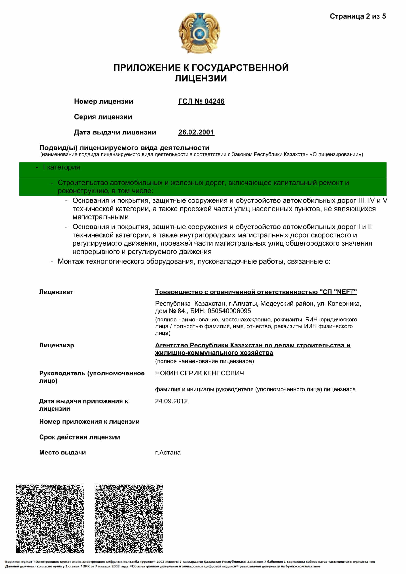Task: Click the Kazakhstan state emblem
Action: click(199, 33)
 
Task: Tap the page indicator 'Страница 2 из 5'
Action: click(357, 16)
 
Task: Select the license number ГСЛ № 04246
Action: click(201, 101)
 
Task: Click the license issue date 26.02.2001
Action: click(196, 132)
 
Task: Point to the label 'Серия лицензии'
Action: click(103, 117)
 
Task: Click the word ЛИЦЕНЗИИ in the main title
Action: click(201, 79)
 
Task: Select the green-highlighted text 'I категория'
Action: click(61, 167)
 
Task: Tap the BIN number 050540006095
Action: click(229, 311)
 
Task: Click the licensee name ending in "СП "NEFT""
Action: click(256, 292)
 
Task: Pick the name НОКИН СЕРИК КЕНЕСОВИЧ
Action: click(199, 373)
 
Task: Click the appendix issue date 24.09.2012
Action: click(171, 401)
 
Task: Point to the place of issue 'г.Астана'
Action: click(168, 453)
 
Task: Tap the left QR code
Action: click(50, 519)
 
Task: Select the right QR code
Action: click(129, 519)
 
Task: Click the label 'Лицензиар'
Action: click(56, 345)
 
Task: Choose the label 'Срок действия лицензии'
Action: click(80, 437)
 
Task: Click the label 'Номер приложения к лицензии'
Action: click(89, 422)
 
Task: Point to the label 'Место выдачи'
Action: click(63, 453)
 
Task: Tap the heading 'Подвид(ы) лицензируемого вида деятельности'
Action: click(124, 148)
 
